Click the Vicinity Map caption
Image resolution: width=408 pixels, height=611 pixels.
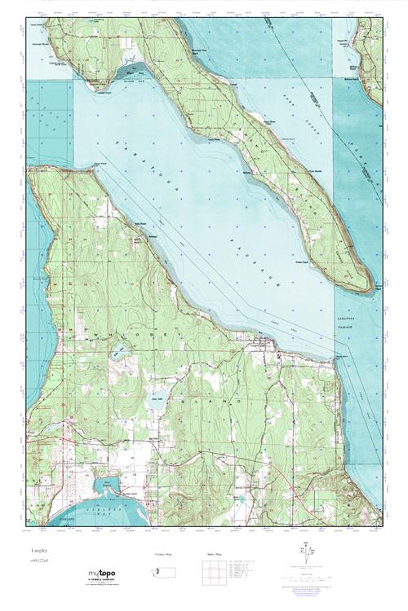point(165,553)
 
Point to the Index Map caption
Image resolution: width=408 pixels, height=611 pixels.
point(214,553)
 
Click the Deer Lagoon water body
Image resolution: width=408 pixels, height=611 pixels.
point(107,490)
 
